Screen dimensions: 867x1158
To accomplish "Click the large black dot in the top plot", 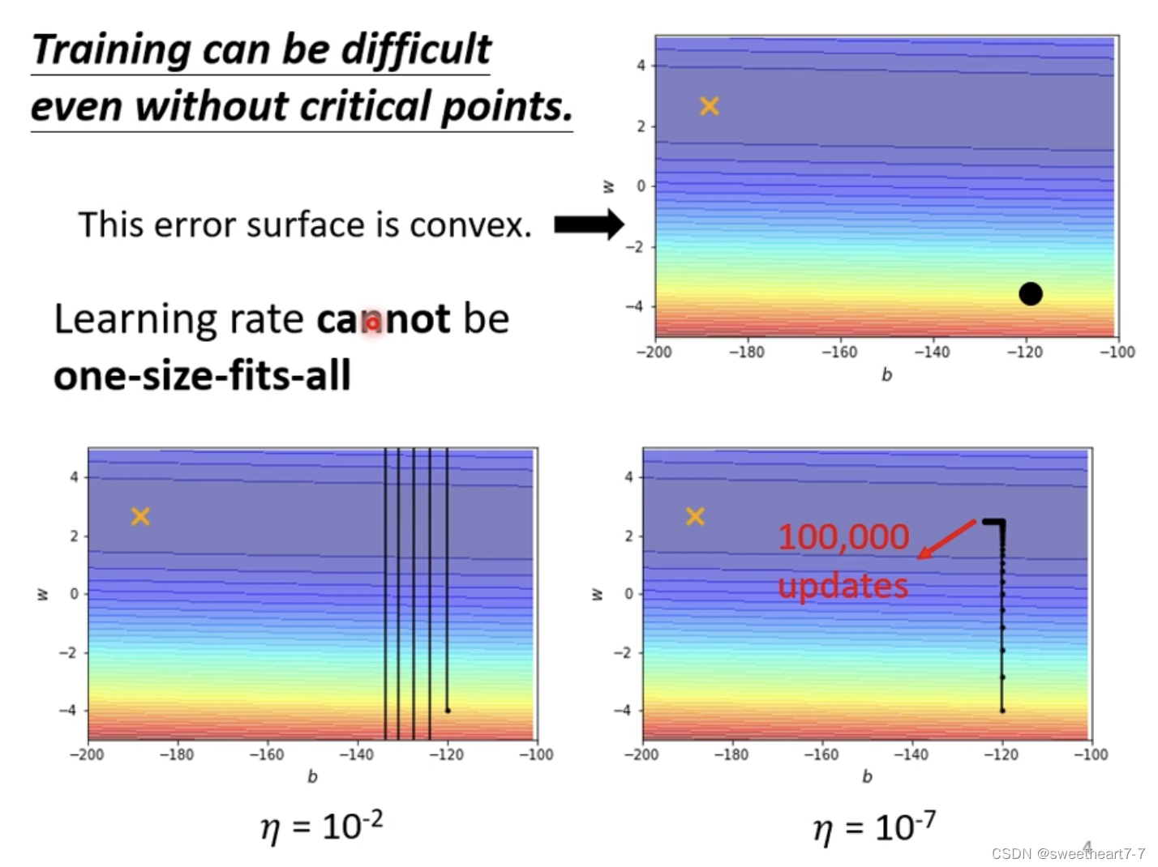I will [x=1030, y=293].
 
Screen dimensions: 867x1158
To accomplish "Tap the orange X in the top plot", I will [x=710, y=106].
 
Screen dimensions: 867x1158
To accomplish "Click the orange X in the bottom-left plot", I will [x=140, y=516].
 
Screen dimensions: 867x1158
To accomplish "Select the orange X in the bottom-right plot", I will [x=695, y=516].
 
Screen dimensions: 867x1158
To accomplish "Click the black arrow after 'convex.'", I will [x=589, y=224].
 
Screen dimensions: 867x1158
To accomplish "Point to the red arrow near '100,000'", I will [x=946, y=539].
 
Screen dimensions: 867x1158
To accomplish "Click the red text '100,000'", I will [x=843, y=536].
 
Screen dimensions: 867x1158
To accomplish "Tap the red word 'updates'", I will [x=843, y=586].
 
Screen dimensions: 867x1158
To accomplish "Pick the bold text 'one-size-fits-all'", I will [x=202, y=376].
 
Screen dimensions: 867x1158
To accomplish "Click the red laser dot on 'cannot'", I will [x=372, y=323].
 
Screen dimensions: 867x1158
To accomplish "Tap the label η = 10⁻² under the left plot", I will [x=321, y=827].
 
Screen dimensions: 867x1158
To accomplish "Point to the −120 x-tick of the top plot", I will [x=1025, y=352].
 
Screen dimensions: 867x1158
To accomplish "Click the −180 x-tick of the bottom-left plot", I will [x=176, y=754].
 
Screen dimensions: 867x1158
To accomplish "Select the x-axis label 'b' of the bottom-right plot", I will [x=867, y=776].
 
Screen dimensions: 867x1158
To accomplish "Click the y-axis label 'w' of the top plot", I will [x=608, y=186].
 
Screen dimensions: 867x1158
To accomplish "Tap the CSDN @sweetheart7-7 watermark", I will [x=1068, y=853].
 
